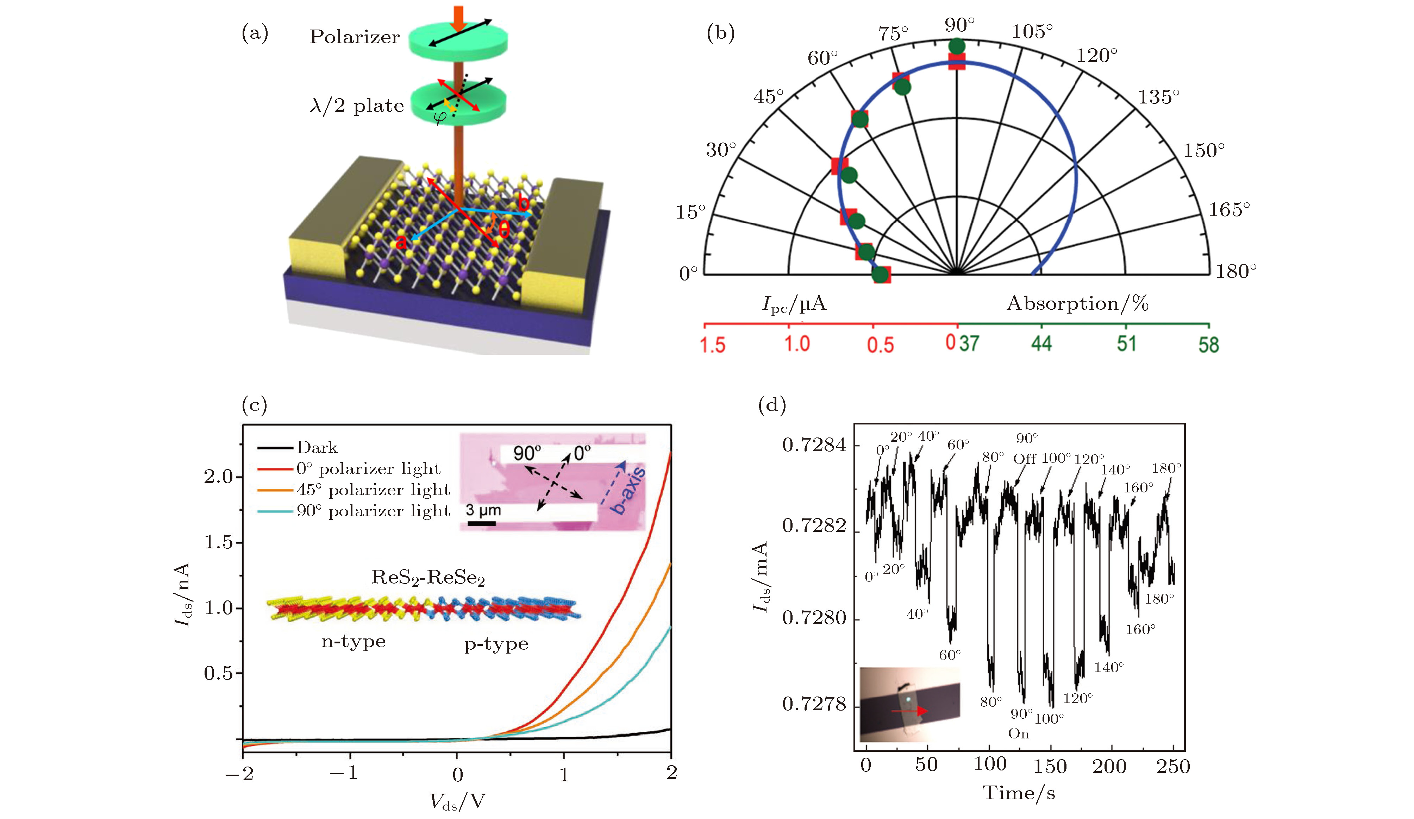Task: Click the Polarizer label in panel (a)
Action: [x=355, y=37]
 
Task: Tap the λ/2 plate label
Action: [x=357, y=106]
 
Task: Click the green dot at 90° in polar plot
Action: [x=957, y=46]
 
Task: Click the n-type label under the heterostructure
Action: [x=353, y=641]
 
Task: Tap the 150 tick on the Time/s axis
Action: [x=1050, y=766]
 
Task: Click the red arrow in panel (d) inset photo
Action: [x=909, y=711]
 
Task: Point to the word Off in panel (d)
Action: [x=1025, y=459]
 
